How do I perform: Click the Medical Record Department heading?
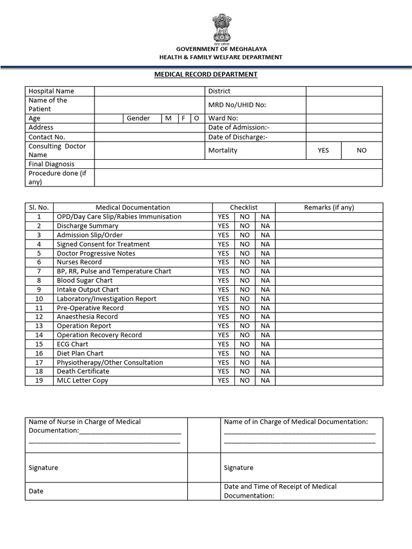click(206, 75)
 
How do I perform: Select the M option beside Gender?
click(168, 118)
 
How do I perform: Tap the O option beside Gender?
click(197, 118)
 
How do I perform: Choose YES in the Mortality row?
click(323, 150)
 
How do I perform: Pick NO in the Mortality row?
click(362, 150)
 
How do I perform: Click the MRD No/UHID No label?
click(237, 105)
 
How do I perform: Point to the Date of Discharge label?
click(238, 137)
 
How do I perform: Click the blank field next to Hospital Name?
click(150, 91)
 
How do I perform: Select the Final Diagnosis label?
click(51, 164)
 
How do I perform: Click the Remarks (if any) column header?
click(329, 207)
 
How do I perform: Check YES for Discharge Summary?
click(223, 226)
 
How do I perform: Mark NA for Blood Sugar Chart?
click(265, 280)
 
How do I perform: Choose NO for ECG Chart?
click(245, 344)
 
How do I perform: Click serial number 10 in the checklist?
click(39, 299)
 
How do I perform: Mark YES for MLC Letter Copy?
click(223, 381)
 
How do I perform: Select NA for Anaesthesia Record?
click(265, 317)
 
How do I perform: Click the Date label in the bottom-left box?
click(36, 491)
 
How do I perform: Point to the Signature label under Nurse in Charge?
click(43, 468)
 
